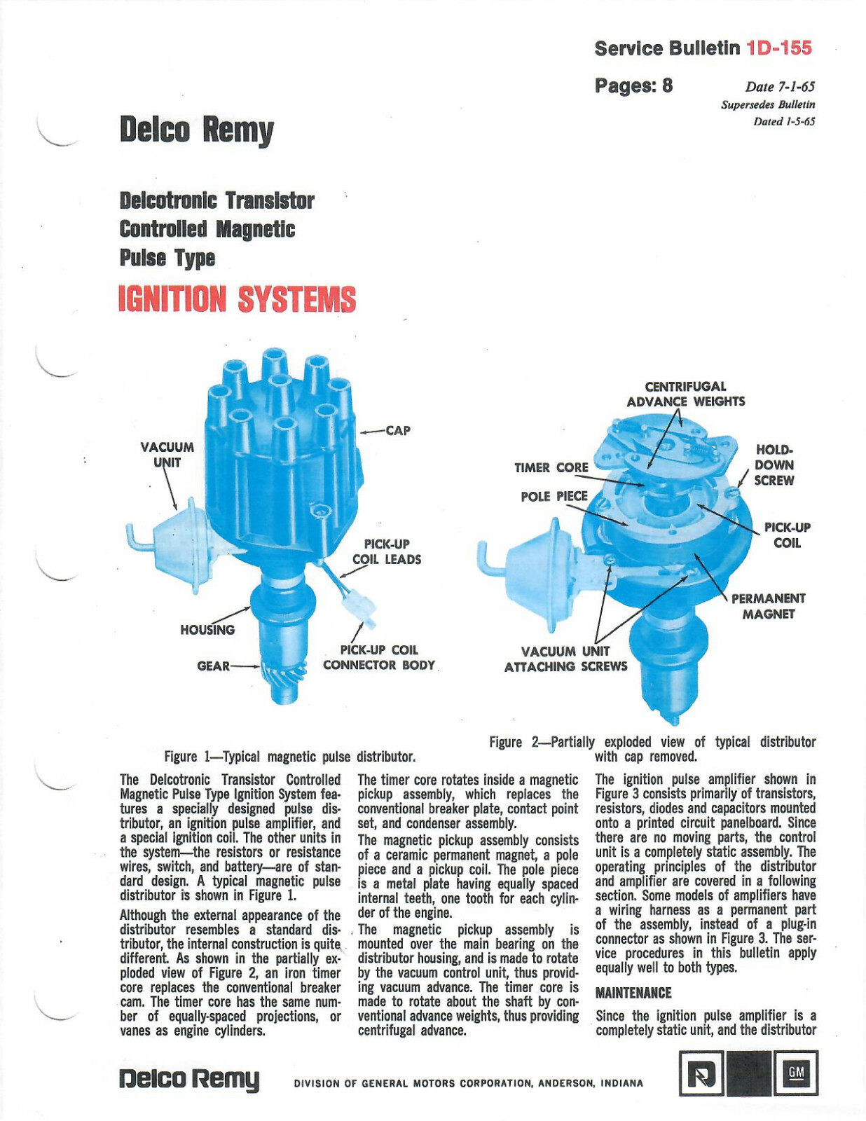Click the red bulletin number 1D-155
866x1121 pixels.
[x=779, y=48]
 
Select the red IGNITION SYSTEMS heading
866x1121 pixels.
[x=237, y=299]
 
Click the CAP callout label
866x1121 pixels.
[x=397, y=430]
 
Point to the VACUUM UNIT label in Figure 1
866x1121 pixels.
[x=167, y=455]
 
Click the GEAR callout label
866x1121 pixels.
[x=213, y=666]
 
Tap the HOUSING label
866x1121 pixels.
[x=207, y=629]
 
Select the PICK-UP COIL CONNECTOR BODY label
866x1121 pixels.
[x=378, y=657]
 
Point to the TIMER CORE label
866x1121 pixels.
[x=551, y=467]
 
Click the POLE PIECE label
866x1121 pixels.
[x=554, y=496]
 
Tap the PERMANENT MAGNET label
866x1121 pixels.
[x=768, y=606]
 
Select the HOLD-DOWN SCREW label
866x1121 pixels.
[x=774, y=465]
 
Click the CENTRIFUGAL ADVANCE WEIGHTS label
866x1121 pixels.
[x=685, y=394]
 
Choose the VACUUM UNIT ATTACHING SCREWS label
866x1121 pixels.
[x=565, y=659]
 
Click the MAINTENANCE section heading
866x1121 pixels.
[x=633, y=993]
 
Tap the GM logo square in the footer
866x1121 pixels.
[x=795, y=1073]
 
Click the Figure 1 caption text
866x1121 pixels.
[x=289, y=757]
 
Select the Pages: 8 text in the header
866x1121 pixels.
[x=633, y=85]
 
